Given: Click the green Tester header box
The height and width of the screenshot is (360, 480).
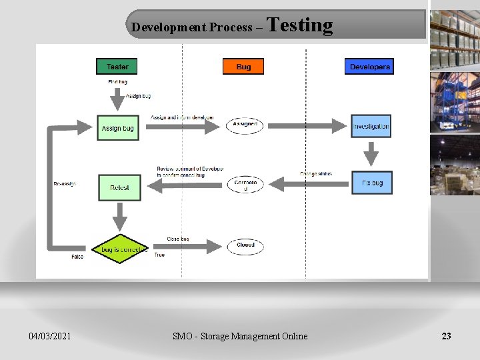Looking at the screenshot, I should (117, 66).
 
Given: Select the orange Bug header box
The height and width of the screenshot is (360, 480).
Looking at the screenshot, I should (243, 66).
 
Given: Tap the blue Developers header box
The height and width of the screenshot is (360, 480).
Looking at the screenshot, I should (369, 66).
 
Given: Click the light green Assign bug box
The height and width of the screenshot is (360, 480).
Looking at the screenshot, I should (118, 127).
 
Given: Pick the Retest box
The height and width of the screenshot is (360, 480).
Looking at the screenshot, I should (119, 187).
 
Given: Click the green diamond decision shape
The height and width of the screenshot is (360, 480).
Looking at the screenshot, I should (120, 249).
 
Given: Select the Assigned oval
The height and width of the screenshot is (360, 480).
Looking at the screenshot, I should (245, 125).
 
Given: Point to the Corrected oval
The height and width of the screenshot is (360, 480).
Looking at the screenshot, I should (245, 185).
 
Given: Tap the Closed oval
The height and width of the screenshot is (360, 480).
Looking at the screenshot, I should (245, 245).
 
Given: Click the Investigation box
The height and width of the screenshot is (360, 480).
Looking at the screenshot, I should (371, 126).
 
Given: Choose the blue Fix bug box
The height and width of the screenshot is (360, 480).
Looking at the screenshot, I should (372, 183).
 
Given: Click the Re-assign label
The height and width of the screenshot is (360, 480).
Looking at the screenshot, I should (65, 184).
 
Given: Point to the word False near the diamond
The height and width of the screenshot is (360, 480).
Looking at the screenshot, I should (77, 257).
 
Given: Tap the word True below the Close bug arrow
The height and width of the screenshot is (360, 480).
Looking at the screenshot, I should (159, 255).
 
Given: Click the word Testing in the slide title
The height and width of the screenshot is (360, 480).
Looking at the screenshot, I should (300, 25).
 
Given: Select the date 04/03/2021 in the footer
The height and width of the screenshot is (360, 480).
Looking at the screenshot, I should (50, 336).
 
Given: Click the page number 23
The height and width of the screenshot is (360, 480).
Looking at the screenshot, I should (446, 336).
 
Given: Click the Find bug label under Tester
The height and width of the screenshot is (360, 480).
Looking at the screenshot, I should (118, 82).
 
